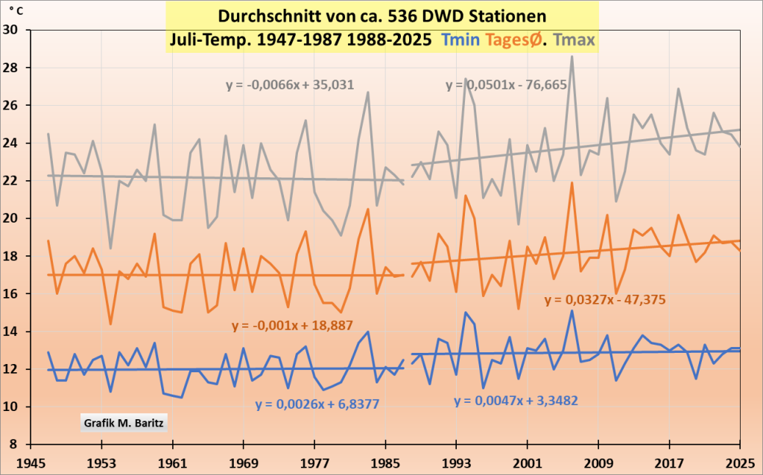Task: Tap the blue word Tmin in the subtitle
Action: click(460, 39)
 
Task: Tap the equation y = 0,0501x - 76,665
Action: click(507, 85)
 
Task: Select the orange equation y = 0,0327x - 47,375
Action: click(604, 300)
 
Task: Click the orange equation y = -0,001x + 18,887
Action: click(292, 325)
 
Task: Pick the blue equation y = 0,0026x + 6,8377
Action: click(317, 405)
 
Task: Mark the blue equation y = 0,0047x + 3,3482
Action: click(516, 401)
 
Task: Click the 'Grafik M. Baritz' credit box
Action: click(124, 423)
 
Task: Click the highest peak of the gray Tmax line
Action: click(572, 57)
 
